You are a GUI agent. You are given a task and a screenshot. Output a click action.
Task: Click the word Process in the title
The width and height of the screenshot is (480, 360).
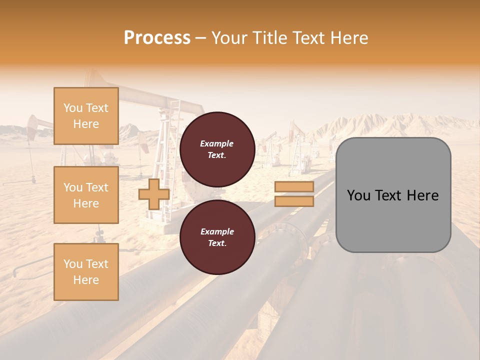157,38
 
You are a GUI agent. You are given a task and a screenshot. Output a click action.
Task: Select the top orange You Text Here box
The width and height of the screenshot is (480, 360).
86,116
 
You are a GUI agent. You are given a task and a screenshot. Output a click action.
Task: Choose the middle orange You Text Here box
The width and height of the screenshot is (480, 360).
86,195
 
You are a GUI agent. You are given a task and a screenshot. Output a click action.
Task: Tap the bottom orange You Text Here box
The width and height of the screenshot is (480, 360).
86,272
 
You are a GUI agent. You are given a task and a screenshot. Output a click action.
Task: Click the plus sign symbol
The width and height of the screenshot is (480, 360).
154,194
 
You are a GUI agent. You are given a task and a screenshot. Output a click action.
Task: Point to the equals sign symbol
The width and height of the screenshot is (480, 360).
294,194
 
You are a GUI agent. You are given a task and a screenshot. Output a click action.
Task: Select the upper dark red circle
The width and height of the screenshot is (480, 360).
217,149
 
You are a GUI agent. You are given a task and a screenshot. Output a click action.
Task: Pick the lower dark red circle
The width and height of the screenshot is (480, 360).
217,237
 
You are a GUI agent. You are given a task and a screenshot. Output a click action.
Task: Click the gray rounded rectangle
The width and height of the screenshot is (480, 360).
393,195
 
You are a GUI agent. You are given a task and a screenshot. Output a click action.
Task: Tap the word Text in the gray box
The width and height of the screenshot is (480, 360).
389,195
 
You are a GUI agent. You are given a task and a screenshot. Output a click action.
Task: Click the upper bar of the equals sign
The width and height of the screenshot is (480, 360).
294,187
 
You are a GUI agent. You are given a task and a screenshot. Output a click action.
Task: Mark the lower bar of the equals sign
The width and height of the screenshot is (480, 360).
294,201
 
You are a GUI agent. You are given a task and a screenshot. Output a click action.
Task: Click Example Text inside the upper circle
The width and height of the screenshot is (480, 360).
217,149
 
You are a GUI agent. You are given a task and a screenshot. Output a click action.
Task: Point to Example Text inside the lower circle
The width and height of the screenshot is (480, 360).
217,237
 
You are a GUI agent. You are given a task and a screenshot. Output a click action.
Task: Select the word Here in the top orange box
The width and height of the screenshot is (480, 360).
86,124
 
